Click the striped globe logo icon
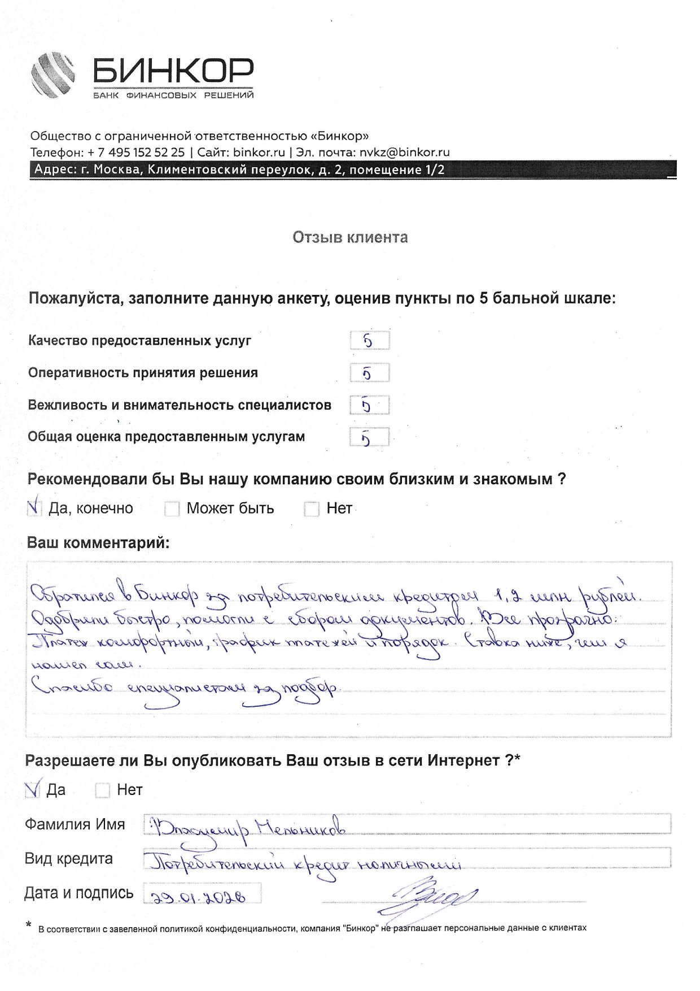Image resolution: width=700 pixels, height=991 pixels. (x=53, y=75)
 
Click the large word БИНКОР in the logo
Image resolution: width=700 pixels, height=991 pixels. (x=173, y=72)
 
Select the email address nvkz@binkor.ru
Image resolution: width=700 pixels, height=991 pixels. (x=404, y=152)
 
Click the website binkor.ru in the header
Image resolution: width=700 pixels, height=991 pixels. (x=259, y=152)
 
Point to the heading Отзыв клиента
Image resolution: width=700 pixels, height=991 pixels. (x=350, y=237)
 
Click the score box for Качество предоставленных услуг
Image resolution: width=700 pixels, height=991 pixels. (x=369, y=341)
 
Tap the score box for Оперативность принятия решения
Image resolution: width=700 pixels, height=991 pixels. (x=369, y=373)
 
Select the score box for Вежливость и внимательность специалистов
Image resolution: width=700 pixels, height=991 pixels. (x=369, y=405)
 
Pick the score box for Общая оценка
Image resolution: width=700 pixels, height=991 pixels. (x=369, y=437)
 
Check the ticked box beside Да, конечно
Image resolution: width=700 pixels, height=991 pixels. (x=34, y=508)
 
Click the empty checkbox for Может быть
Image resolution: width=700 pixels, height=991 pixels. (x=172, y=508)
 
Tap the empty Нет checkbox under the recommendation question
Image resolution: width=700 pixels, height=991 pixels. (x=312, y=508)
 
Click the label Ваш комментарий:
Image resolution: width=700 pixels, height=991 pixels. (x=98, y=543)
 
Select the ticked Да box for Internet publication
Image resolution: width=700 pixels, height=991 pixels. (x=33, y=789)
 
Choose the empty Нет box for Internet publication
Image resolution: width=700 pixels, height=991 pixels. (x=102, y=790)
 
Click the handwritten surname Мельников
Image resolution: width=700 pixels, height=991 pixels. (x=300, y=828)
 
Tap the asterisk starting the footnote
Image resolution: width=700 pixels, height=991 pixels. (x=28, y=925)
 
